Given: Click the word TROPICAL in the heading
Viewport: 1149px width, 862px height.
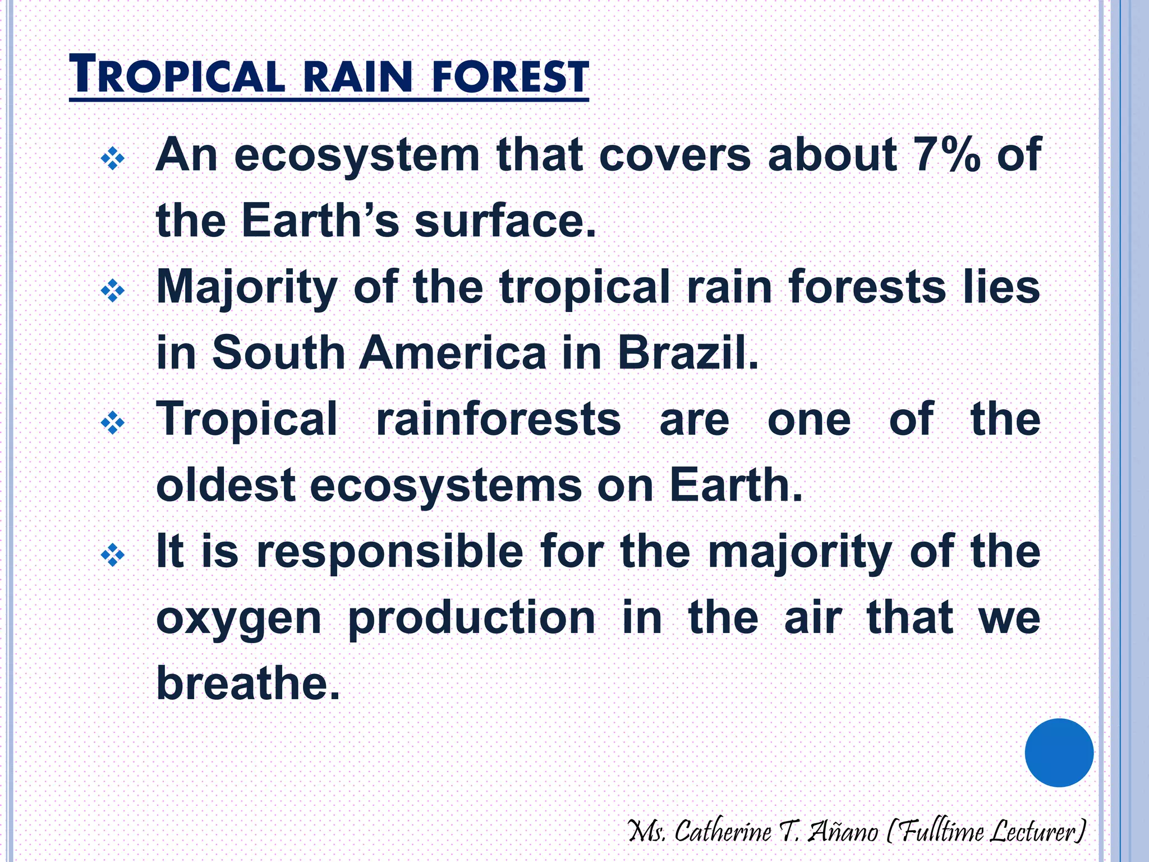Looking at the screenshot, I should click(x=177, y=76).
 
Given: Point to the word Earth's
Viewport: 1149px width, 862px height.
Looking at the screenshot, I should click(x=320, y=221).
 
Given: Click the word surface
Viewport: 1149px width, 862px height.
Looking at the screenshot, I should click(x=504, y=221).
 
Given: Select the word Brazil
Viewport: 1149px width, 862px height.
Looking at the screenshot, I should click(x=688, y=353).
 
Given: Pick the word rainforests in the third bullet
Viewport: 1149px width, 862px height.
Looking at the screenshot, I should click(x=498, y=419).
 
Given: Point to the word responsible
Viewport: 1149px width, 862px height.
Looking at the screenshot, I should click(x=390, y=552).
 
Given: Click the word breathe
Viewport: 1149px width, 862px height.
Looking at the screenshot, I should click(x=248, y=684).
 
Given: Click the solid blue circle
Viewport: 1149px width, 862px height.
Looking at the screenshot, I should click(x=1059, y=753).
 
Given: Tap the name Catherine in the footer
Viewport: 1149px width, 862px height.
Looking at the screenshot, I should click(x=723, y=831).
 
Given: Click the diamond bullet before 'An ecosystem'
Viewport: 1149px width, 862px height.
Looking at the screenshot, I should click(x=112, y=159).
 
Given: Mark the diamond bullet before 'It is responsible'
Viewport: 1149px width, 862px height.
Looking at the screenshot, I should click(x=112, y=556).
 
